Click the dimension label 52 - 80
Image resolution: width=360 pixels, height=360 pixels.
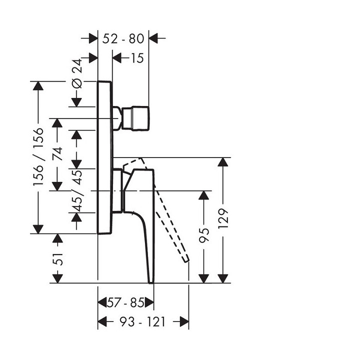click(123, 38)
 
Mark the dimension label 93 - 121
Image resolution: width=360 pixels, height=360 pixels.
click(143, 321)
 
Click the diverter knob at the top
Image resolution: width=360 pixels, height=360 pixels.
click(135, 118)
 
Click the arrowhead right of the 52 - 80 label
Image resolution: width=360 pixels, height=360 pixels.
click(154, 38)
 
